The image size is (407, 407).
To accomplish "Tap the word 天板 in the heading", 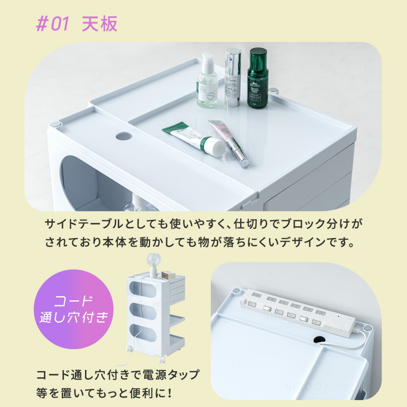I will tap(99, 24).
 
